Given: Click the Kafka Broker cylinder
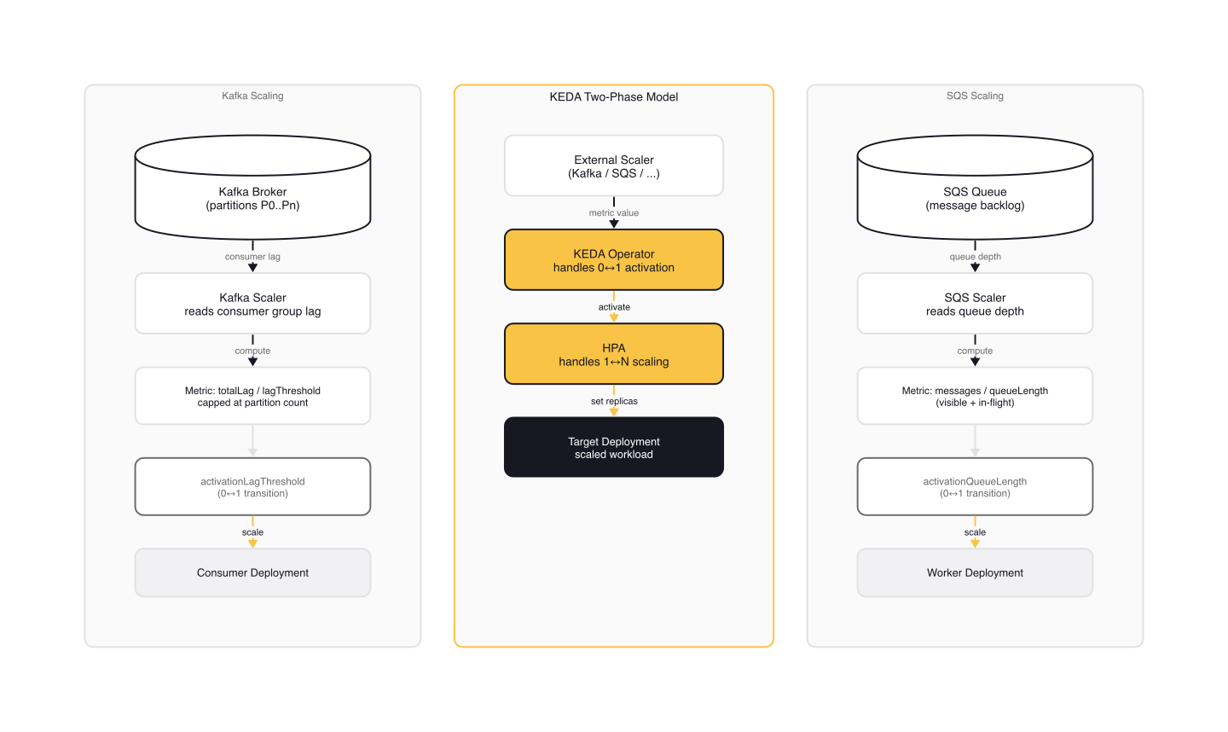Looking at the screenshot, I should pos(252,198).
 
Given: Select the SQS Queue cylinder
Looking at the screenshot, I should pos(975,198).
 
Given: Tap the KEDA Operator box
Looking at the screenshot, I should pos(614,260).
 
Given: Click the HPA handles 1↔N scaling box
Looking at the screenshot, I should pos(614,354).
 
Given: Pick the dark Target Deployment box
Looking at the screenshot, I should pos(614,447).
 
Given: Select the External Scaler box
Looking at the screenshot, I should pos(614,166).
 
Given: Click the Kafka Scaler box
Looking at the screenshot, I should pos(252,304).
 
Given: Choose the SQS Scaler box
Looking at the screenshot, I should pos(975,304).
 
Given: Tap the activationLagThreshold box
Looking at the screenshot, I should pos(252,487).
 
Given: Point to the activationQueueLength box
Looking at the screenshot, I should pos(975,487).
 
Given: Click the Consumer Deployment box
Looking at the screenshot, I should pos(252,572).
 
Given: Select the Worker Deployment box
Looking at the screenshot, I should pos(975,572).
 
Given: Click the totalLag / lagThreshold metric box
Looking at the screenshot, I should pos(252,396).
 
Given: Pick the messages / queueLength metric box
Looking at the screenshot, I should pos(975,396).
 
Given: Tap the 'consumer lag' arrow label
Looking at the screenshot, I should pos(252,256).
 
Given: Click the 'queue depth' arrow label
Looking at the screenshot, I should pos(975,256).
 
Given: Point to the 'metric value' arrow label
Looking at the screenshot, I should pos(614,212).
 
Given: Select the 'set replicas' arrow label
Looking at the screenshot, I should pos(614,401).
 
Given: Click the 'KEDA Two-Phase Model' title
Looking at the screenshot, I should pos(614,96).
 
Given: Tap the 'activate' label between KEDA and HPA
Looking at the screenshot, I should pos(614,307).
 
